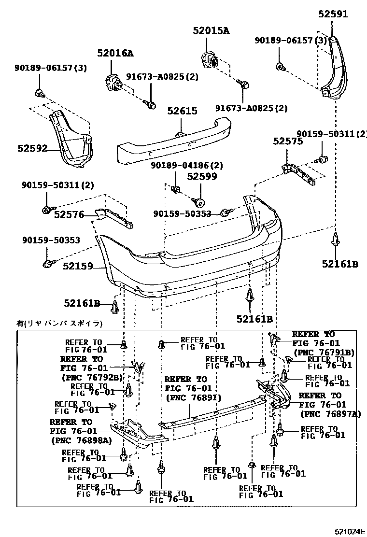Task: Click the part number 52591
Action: coord(333,14)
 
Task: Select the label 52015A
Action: coord(211,31)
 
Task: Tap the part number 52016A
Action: coord(115,53)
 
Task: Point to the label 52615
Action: coord(183,111)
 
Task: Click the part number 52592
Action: coord(33,148)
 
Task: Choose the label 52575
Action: coord(288,141)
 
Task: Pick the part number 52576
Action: coord(69,214)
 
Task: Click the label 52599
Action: coord(202,176)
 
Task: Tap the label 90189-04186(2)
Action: coord(186,165)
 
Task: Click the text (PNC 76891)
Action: coord(193,398)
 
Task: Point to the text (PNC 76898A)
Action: coord(81,440)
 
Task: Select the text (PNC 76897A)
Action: coord(330,413)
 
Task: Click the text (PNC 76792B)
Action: coord(92,377)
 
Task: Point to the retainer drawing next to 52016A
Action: coord(114,82)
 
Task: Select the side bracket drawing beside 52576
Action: coord(113,217)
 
